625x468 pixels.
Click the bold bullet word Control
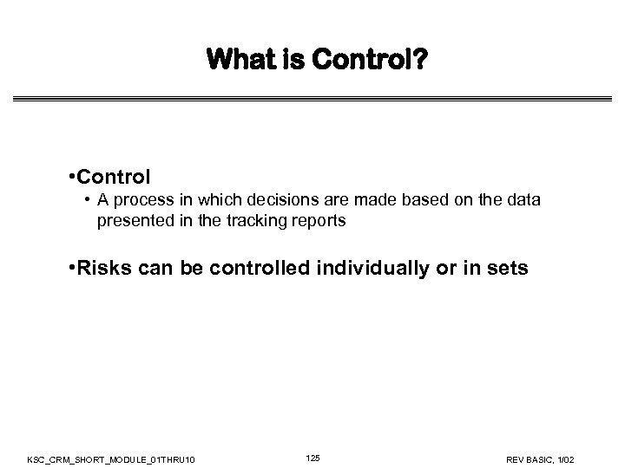point(113,178)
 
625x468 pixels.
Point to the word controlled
point(260,269)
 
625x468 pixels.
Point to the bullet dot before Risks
point(69,269)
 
